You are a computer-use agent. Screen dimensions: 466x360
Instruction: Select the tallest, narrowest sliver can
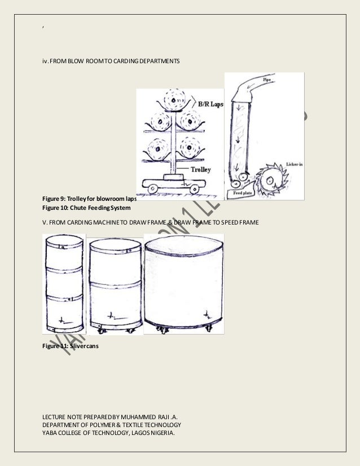click(64, 282)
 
